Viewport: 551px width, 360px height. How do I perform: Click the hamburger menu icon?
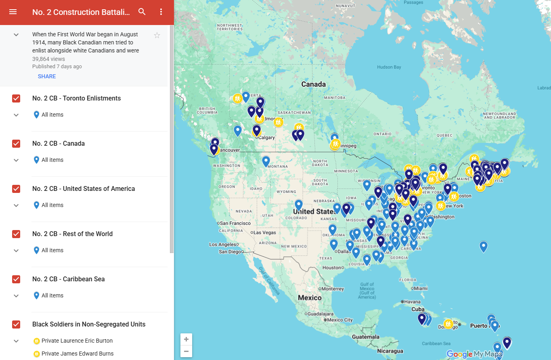(x=13, y=12)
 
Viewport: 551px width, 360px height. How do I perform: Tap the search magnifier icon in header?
(x=142, y=12)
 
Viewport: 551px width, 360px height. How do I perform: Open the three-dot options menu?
(x=161, y=12)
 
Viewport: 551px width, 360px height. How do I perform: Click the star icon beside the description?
(x=157, y=36)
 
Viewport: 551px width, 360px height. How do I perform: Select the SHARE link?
(x=47, y=76)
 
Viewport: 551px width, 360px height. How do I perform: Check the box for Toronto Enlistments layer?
(x=16, y=98)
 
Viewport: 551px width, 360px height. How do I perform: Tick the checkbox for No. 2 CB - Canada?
(x=16, y=144)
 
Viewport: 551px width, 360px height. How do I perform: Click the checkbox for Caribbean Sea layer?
(x=16, y=279)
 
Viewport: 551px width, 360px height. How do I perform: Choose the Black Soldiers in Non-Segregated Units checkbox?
(x=16, y=324)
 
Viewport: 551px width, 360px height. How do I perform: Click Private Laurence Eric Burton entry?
(x=77, y=341)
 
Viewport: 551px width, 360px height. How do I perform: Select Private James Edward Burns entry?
(x=78, y=354)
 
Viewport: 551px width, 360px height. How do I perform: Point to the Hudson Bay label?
(x=389, y=67)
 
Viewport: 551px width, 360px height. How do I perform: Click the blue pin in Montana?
(x=266, y=161)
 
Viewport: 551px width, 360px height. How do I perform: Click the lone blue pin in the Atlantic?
(x=483, y=246)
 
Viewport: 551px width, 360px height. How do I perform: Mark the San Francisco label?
(x=236, y=223)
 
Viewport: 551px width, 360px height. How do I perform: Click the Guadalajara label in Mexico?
(x=320, y=314)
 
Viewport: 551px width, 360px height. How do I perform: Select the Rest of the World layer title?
(x=72, y=234)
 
